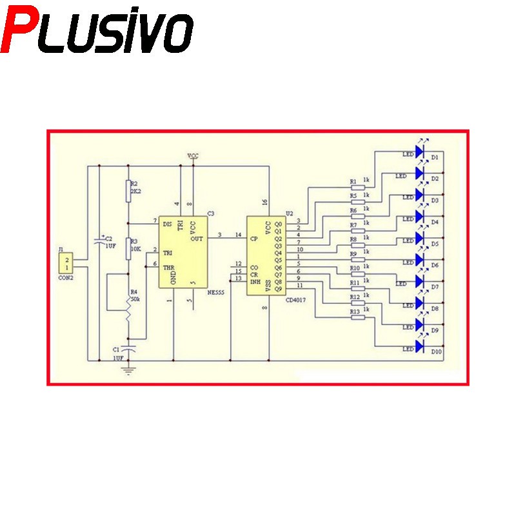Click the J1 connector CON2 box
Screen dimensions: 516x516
click(x=66, y=263)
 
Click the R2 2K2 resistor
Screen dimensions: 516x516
click(x=128, y=188)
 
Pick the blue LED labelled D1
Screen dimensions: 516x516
click(x=420, y=152)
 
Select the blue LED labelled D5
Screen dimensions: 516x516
click(x=420, y=239)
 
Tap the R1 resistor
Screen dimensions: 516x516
click(x=354, y=188)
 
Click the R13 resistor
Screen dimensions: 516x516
click(x=354, y=317)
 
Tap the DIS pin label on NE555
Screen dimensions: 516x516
click(x=168, y=224)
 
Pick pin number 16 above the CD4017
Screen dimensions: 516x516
click(x=265, y=203)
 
